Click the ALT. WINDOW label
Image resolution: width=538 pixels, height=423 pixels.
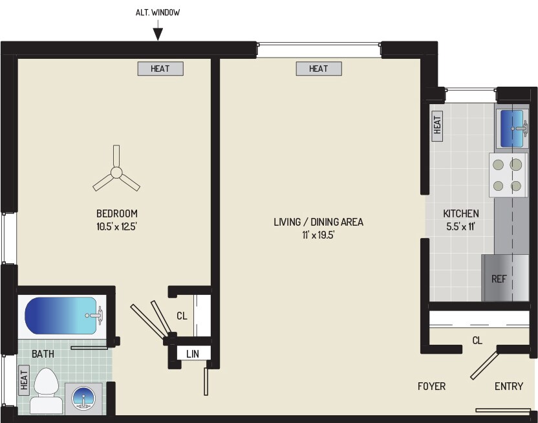tap(158, 12)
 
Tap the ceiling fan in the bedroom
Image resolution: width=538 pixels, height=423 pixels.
tap(116, 172)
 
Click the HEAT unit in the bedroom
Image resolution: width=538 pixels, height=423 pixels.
tap(160, 69)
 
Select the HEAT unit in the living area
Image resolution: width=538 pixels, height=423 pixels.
tap(319, 69)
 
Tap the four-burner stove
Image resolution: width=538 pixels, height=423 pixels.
tap(506, 175)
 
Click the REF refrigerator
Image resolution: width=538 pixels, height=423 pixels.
tap(504, 278)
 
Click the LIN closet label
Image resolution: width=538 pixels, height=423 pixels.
tap(193, 353)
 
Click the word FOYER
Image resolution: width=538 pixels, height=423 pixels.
tap(431, 386)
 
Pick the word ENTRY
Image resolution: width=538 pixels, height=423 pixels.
tap(508, 386)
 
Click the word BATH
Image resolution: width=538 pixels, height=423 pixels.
tap(43, 354)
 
